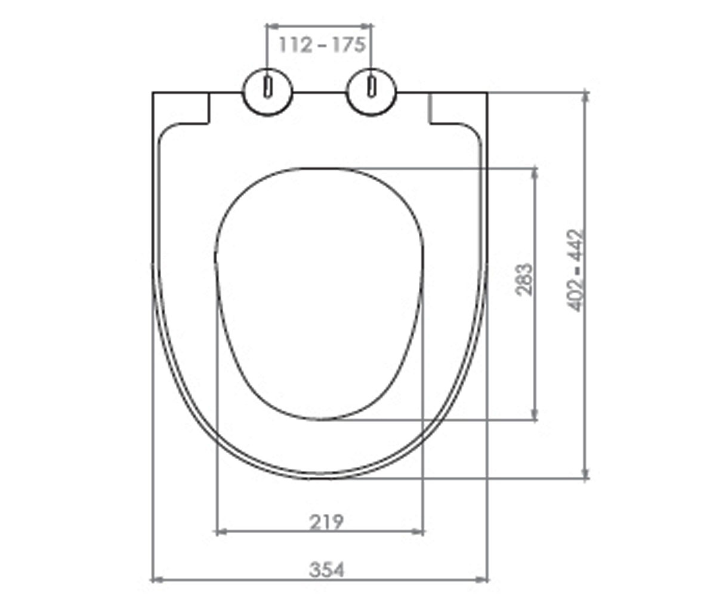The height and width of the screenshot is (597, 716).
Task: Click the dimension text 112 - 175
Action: point(322,45)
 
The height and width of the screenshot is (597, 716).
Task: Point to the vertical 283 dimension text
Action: point(524,279)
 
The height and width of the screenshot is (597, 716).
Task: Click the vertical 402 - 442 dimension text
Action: point(575,270)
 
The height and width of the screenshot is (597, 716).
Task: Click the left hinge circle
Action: point(268,93)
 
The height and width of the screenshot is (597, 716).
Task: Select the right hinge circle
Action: point(371,93)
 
